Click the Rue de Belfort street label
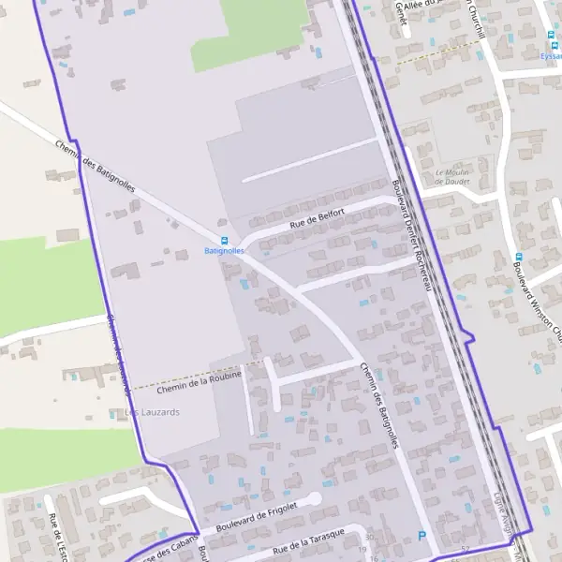318,218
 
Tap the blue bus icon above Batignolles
224,241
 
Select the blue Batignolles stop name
224,251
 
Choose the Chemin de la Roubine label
200,379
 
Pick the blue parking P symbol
421,536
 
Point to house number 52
466,548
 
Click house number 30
369,537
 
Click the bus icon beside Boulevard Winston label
517,257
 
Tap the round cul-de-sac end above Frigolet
315,498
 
